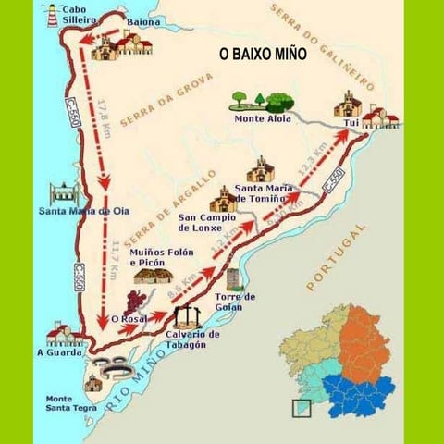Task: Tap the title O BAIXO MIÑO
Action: click(262, 55)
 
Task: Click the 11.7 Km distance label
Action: click(114, 259)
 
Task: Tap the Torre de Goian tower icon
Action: click(233, 280)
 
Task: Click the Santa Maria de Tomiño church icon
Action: click(261, 169)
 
